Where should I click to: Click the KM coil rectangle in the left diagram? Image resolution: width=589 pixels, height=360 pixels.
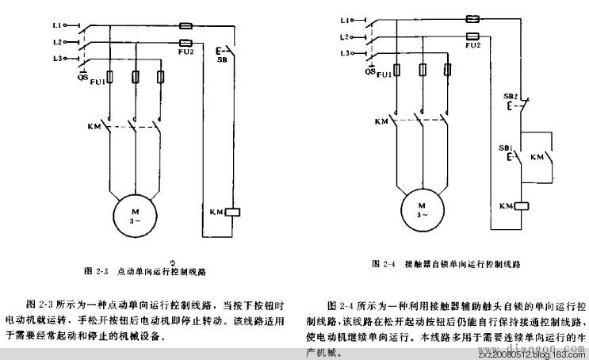pos(233,212)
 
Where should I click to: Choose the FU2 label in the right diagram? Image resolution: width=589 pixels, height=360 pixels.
pos(473,46)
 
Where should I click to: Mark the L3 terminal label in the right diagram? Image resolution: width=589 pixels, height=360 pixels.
pos(344,53)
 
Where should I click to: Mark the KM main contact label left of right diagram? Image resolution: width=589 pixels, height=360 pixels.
pos(381,121)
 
